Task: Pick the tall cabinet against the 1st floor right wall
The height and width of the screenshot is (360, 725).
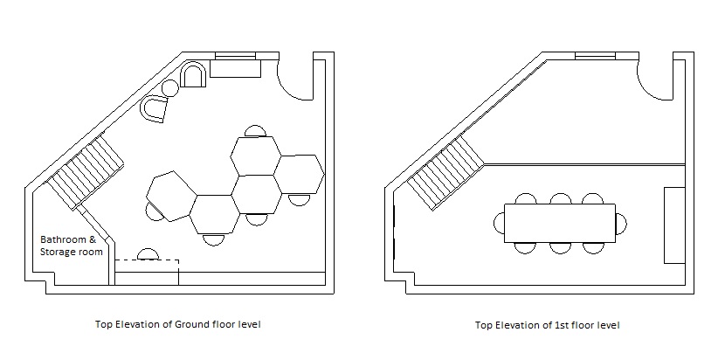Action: pyautogui.click(x=673, y=225)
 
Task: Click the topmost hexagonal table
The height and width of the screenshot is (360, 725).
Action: pyautogui.click(x=256, y=155)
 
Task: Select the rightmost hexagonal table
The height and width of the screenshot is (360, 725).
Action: pyautogui.click(x=298, y=173)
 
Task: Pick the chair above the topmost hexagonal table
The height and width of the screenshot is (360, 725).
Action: pyautogui.click(x=255, y=132)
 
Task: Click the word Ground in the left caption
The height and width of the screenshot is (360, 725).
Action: pyautogui.click(x=195, y=324)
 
